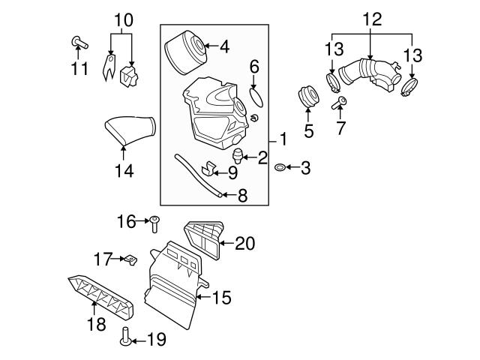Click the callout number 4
click(x=223, y=46)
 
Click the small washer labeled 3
click(x=280, y=167)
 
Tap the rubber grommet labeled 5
click(x=307, y=97)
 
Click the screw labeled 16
click(x=154, y=222)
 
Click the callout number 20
click(x=244, y=243)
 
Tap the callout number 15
click(x=222, y=298)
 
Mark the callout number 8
click(x=242, y=197)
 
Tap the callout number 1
click(x=283, y=139)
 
